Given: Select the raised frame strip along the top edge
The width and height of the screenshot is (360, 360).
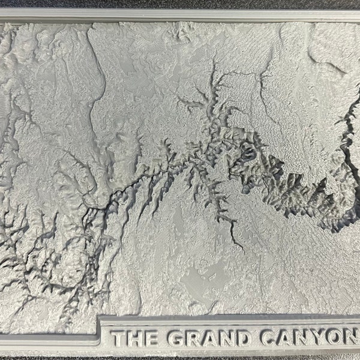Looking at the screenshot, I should [x=180, y=15].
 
